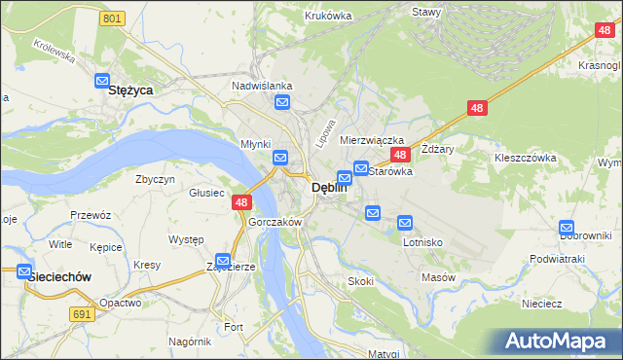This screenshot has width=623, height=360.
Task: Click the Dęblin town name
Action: coord(329,189)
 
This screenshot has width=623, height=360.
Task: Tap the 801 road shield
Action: coord(113,18)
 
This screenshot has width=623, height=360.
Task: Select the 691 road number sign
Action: coord(82,313)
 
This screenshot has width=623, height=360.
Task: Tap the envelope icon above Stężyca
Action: coord(101,82)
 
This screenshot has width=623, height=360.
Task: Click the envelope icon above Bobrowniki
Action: coord(568,228)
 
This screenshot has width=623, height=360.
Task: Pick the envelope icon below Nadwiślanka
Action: coord(282,102)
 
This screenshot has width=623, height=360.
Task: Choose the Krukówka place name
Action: coord(327,16)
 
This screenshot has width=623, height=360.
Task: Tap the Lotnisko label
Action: coord(422,242)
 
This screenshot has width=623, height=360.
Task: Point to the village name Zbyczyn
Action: coord(155,180)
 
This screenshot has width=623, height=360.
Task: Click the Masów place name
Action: coord(438,277)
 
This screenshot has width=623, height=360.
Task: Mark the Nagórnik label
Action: coord(189,342)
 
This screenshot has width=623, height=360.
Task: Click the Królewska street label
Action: coord(55,50)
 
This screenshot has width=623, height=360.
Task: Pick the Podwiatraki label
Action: coord(557,259)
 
